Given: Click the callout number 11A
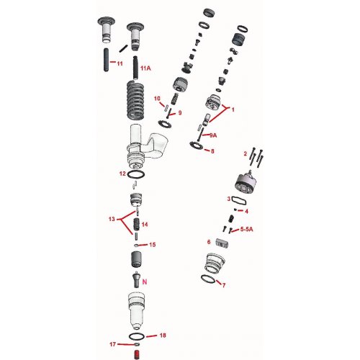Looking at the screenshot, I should tap(145, 68).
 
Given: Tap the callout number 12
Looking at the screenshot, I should tap(122, 174).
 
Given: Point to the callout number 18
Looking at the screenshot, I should tap(163, 336).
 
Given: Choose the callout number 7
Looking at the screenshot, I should tap(224, 285).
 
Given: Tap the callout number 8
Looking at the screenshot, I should tap(211, 150).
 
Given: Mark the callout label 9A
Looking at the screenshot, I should tap(213, 135).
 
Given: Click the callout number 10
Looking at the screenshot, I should tap(156, 98).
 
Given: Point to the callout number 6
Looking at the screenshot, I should tap(209, 242).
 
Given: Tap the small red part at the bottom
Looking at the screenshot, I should tap(137, 353).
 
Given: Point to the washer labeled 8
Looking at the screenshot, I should tap(195, 146).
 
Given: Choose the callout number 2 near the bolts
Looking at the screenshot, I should tap(245, 153).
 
